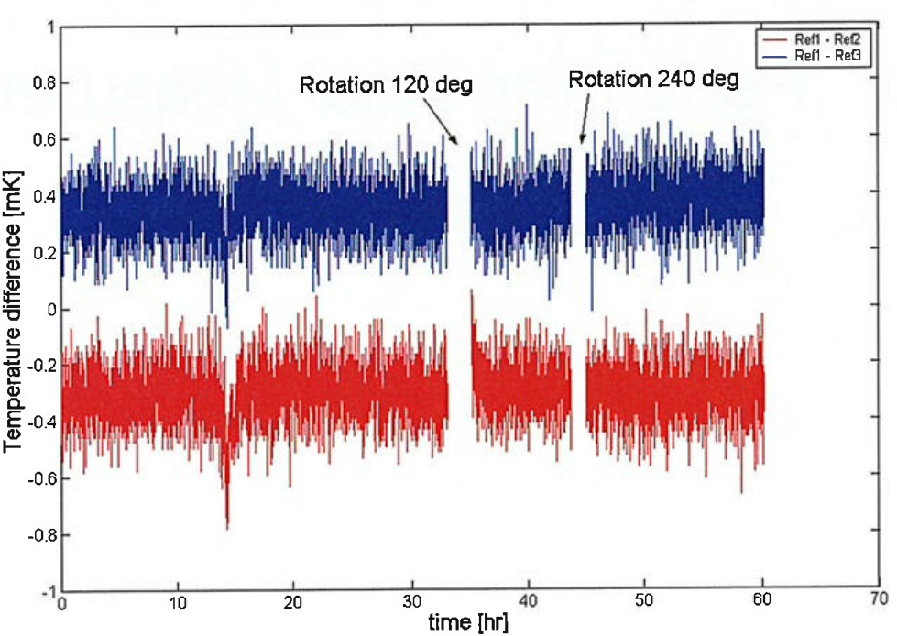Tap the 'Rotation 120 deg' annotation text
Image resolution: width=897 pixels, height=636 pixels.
click(x=386, y=86)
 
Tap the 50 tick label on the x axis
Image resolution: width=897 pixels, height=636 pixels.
click(x=644, y=604)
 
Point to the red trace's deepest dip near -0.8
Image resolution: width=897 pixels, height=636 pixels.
click(x=227, y=527)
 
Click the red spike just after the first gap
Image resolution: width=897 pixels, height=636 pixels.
click(x=472, y=293)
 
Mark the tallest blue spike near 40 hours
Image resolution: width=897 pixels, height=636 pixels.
click(x=526, y=106)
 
